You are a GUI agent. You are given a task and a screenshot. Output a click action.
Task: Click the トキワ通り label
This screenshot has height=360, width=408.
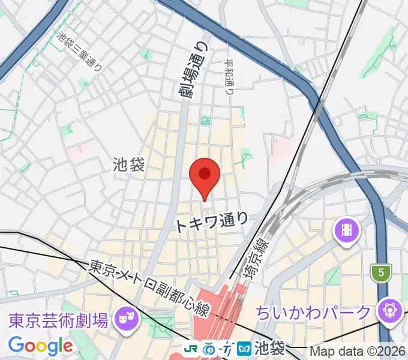click(212, 223)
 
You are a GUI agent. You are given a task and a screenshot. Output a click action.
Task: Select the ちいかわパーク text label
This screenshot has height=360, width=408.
click(313, 313)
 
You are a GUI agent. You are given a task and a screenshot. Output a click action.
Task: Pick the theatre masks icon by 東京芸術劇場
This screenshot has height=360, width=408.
click(127, 314)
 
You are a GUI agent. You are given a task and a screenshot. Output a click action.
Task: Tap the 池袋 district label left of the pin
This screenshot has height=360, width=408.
click(128, 165)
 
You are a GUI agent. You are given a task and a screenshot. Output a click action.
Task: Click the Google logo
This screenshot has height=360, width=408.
click(40, 346)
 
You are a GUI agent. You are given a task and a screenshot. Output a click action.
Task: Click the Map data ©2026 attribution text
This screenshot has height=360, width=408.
click(358, 351)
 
